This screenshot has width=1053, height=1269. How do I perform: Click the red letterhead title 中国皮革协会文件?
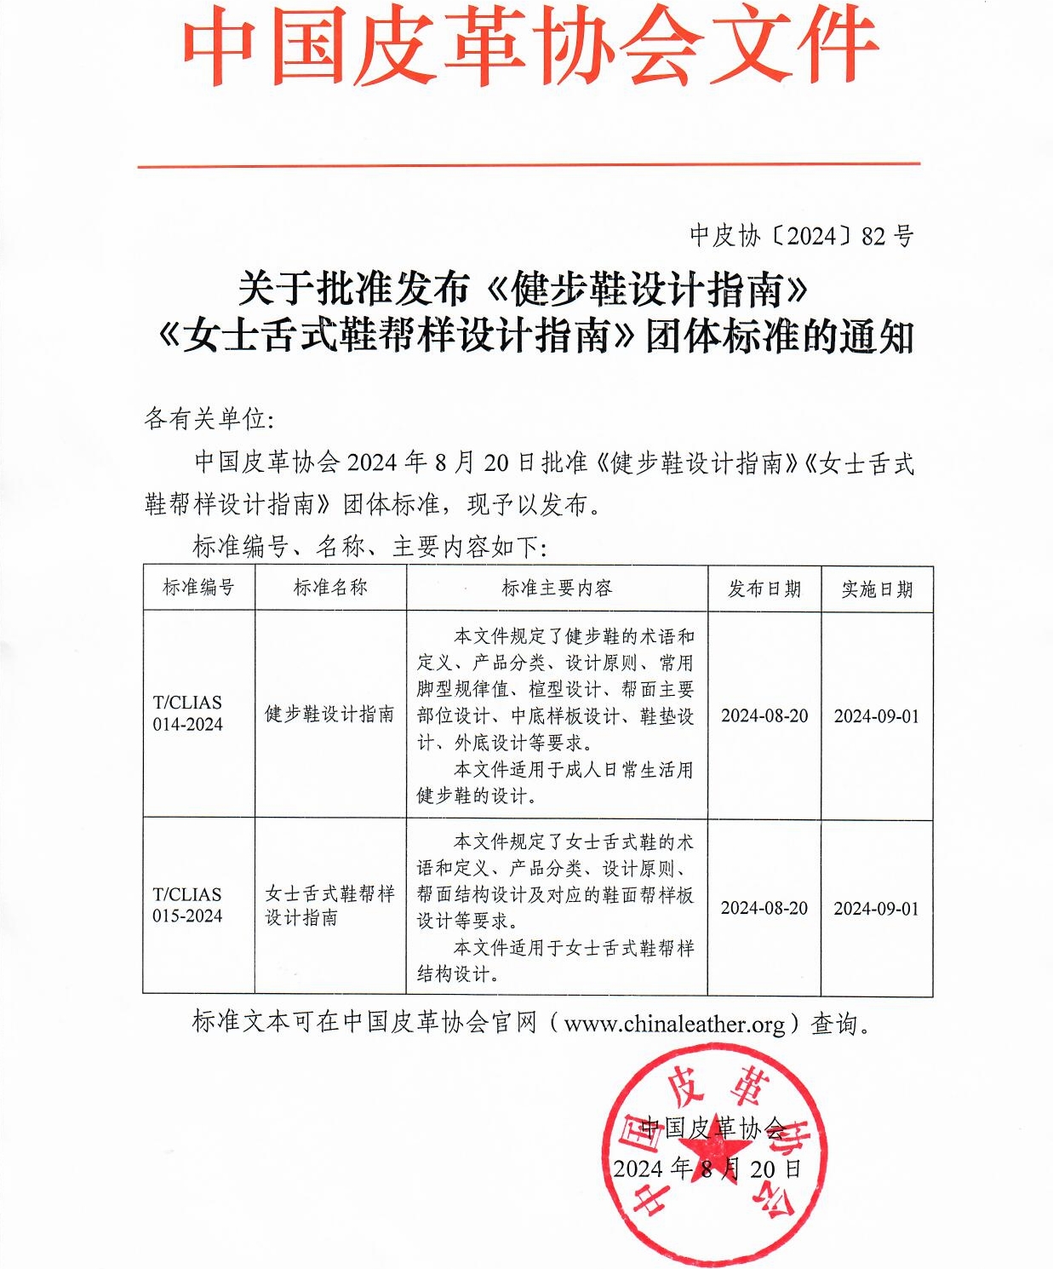529,47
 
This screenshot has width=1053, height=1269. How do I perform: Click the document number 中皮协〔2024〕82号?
801,236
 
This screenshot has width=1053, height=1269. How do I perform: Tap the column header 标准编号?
198,588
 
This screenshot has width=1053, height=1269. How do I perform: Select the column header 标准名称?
330,588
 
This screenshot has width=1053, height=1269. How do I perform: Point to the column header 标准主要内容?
557,588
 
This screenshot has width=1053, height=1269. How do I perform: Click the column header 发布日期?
764,589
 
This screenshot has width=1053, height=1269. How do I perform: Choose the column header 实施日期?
877,589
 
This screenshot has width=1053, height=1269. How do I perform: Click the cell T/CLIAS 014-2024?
188,714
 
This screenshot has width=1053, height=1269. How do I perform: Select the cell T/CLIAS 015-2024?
188,905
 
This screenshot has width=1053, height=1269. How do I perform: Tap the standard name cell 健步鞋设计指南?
329,714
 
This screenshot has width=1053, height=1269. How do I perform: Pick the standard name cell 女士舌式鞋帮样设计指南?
329,905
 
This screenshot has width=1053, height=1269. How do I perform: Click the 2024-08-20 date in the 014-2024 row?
764,715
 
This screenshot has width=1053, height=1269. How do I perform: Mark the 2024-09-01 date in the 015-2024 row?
877,908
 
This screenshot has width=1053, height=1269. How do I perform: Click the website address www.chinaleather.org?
674,1023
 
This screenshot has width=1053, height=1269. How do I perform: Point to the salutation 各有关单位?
209,419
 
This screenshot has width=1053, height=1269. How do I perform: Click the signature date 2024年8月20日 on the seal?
707,1169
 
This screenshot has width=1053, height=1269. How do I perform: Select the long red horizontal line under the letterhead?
529,164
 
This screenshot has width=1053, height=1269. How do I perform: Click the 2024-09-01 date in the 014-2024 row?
877,715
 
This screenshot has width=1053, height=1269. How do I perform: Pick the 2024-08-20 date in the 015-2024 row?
764,908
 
